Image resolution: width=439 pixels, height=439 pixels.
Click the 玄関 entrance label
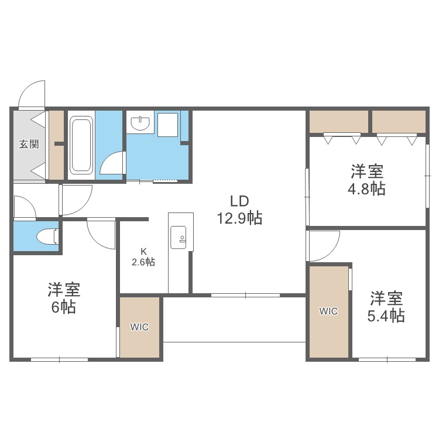[29, 144]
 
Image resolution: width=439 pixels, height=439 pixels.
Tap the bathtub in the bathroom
[81, 146]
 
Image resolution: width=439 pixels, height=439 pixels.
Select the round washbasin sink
[141, 124]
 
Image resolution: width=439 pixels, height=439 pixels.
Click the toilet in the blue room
[46, 236]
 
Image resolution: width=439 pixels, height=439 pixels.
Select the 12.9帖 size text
[239, 218]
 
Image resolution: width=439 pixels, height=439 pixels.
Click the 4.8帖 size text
[367, 189]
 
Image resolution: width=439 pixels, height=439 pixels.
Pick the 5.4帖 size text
[386, 315]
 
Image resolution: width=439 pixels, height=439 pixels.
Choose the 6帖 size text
[64, 307]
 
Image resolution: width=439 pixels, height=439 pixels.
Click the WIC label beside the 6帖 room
[139, 327]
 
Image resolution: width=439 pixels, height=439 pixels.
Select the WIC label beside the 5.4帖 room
[328, 311]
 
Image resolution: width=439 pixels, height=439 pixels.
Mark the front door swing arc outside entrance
[30, 94]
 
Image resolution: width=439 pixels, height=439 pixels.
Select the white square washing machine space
[168, 124]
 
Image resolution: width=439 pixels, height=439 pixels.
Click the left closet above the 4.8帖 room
[338, 122]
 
